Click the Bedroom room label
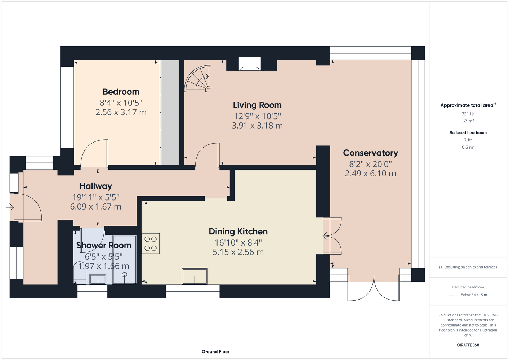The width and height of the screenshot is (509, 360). pyautogui.click(x=121, y=92)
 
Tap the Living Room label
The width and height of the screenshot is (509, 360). pyautogui.click(x=257, y=105)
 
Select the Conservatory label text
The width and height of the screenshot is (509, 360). pyautogui.click(x=370, y=153)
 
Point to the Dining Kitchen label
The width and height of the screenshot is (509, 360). pyautogui.click(x=238, y=231)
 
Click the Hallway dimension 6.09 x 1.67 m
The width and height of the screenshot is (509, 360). pyautogui.click(x=96, y=207)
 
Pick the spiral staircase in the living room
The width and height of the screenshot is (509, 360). pyautogui.click(x=198, y=78)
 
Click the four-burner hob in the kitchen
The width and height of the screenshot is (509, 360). pyautogui.click(x=151, y=243)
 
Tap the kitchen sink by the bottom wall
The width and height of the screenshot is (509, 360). pyautogui.click(x=195, y=276)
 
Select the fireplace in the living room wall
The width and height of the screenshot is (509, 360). pyautogui.click(x=250, y=64)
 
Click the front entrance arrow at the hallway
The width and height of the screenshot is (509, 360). pyautogui.click(x=10, y=207)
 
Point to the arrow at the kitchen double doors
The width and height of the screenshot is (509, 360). pyautogui.click(x=327, y=236)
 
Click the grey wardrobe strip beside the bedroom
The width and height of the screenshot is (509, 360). pyautogui.click(x=170, y=112)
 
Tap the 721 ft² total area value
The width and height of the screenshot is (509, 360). pyautogui.click(x=468, y=113)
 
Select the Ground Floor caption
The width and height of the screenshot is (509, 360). pyautogui.click(x=216, y=352)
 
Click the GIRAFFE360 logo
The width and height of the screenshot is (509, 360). pyautogui.click(x=468, y=345)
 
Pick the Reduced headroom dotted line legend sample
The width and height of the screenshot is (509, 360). pyautogui.click(x=454, y=295)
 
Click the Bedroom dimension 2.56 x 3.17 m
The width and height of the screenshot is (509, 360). pyautogui.click(x=121, y=112)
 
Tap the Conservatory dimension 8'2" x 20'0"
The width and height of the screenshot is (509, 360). pyautogui.click(x=370, y=164)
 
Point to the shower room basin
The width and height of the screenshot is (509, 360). pyautogui.click(x=98, y=279)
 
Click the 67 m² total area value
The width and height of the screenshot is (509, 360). pyautogui.click(x=468, y=121)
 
